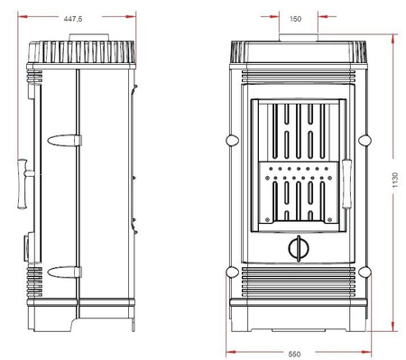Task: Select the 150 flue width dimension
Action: [296, 17]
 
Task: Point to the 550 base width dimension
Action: [296, 353]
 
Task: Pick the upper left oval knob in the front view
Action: [232, 140]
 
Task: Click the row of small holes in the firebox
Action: [296, 169]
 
